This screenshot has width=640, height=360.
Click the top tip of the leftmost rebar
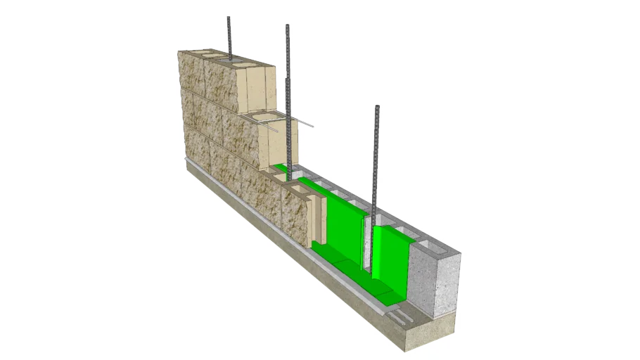tap(229, 18)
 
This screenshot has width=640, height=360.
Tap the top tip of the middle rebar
tap(288, 26)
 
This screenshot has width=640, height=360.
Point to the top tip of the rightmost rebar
tap(378, 107)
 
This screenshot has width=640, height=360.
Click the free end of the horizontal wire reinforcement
tap(312, 127)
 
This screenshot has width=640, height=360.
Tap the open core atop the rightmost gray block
tap(430, 245)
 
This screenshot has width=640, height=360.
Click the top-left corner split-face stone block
tap(192, 70)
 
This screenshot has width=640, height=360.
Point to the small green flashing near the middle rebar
tap(281, 168)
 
